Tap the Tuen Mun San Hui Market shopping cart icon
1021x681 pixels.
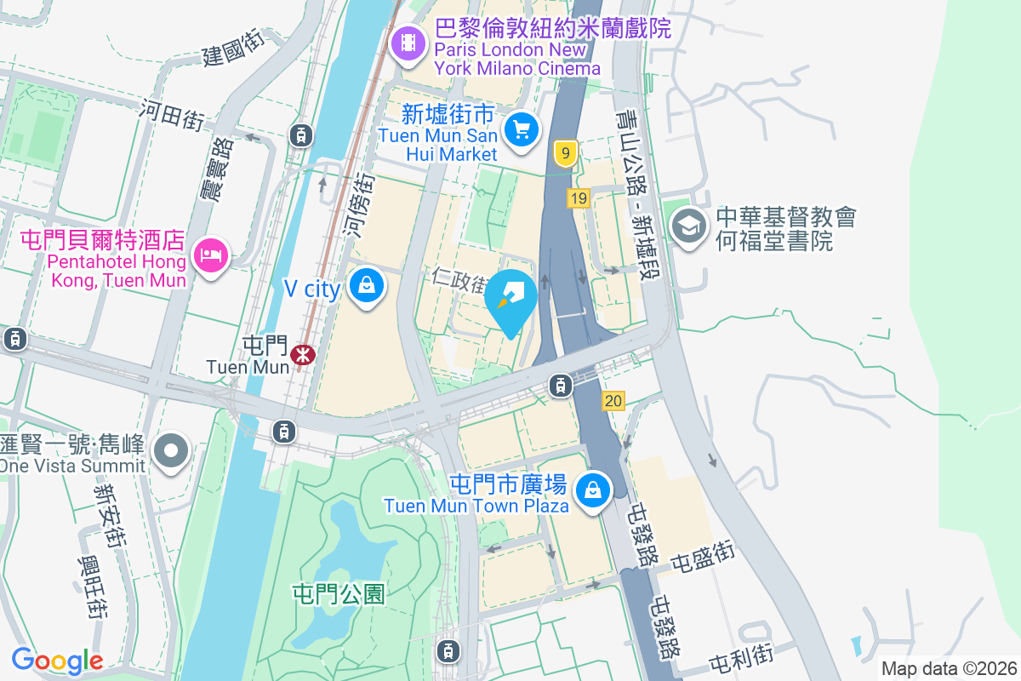coord(521,130)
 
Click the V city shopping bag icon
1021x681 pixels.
coord(367,286)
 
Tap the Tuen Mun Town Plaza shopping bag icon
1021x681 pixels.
coord(592,490)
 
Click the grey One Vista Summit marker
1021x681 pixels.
coord(172,450)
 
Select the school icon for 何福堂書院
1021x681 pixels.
coord(686,226)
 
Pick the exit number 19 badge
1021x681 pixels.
coord(579,198)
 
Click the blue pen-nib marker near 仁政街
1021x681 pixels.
coord(510,297)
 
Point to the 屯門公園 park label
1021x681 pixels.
coord(339,593)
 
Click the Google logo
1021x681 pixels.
coord(57,661)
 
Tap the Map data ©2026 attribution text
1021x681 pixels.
coord(949,668)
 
